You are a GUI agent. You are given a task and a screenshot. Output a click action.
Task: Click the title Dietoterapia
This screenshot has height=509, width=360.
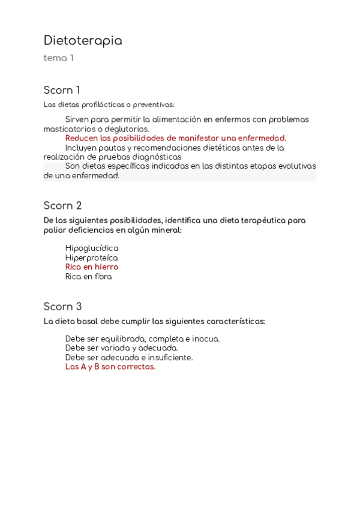pyautogui.click(x=83, y=41)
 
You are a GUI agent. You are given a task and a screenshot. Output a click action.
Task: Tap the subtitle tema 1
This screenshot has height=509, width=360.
pyautogui.click(x=58, y=58)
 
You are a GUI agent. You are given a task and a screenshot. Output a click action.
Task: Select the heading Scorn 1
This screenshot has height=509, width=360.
pyautogui.click(x=61, y=91)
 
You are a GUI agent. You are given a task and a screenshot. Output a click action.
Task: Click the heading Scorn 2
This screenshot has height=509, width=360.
pyautogui.click(x=62, y=206)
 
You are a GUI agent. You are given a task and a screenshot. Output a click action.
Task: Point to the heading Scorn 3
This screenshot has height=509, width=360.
pyautogui.click(x=62, y=307)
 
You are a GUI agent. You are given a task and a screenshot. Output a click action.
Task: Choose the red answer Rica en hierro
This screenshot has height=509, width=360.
pyautogui.click(x=91, y=267)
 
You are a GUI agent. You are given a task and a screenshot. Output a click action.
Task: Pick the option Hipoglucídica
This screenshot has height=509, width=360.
pyautogui.click(x=91, y=248)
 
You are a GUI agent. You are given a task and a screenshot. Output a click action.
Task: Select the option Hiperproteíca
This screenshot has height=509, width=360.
pyautogui.click(x=91, y=258)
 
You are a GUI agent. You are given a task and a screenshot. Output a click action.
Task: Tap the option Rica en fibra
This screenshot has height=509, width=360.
pyautogui.click(x=88, y=277)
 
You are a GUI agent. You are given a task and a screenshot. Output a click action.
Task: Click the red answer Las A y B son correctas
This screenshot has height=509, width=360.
pyautogui.click(x=110, y=367)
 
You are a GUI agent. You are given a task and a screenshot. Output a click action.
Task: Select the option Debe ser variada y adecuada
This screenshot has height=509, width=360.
pyautogui.click(x=121, y=348)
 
